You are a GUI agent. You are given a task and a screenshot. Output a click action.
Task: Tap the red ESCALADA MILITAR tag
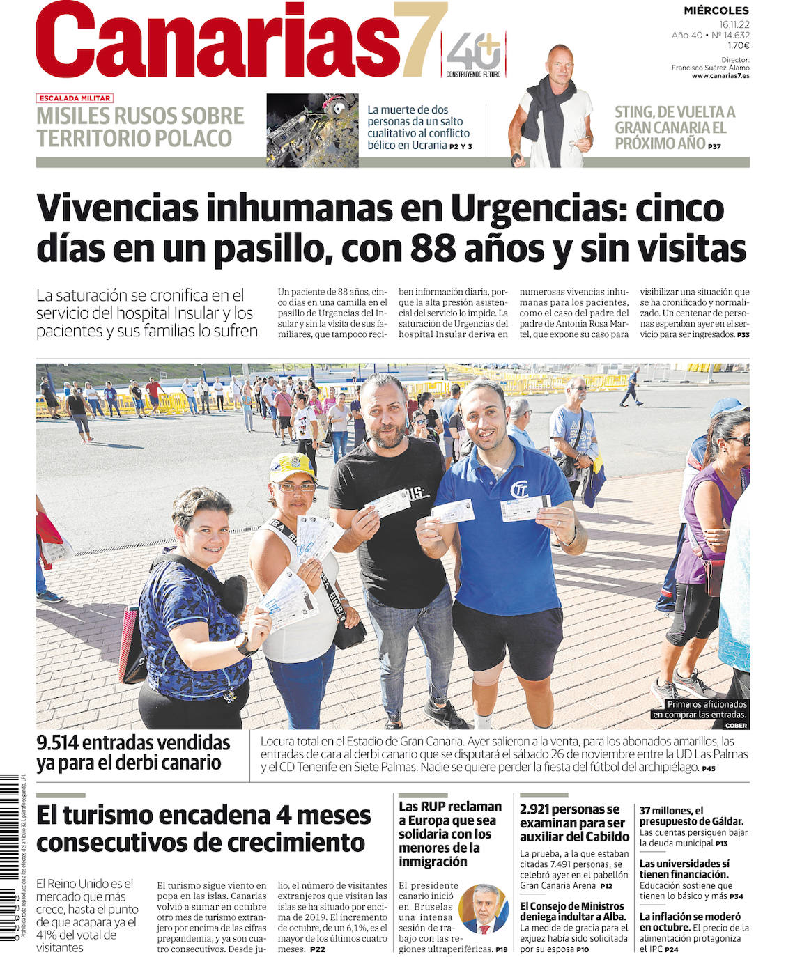[75, 98]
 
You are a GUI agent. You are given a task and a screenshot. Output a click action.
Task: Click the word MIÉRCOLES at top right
[716, 10]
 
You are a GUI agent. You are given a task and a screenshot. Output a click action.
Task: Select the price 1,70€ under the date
[737, 45]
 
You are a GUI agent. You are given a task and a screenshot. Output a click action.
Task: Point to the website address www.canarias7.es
[720, 75]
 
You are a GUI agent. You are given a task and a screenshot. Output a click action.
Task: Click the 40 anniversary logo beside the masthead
[474, 53]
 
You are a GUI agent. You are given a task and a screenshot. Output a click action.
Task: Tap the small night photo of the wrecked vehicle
[312, 130]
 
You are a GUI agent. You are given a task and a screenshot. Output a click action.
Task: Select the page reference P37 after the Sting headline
[714, 146]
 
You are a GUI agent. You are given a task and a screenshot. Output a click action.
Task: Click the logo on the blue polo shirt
[519, 490]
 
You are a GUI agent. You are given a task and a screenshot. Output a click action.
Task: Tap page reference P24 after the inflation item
[671, 949]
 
